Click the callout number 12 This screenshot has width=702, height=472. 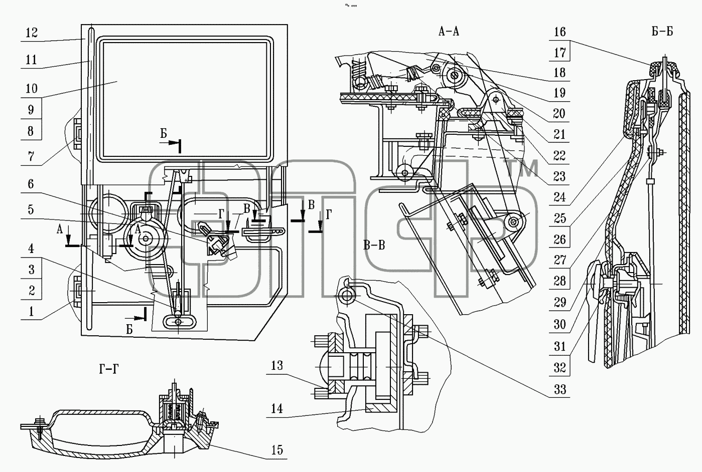pyautogui.click(x=31, y=33)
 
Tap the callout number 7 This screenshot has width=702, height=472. pyautogui.click(x=31, y=156)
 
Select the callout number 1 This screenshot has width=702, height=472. pyautogui.click(x=31, y=312)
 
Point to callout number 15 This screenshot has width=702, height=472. pyautogui.click(x=277, y=450)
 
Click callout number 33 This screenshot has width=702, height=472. pyautogui.click(x=560, y=390)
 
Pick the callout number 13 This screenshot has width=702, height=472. pyautogui.click(x=277, y=366)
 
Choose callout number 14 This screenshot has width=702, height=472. pyautogui.click(x=277, y=408)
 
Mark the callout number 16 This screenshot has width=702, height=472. pyautogui.click(x=559, y=32)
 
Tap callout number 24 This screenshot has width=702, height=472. pyautogui.click(x=559, y=197)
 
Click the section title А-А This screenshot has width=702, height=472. pyautogui.click(x=449, y=32)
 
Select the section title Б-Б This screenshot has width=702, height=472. pyautogui.click(x=662, y=31)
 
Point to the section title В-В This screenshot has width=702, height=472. pyautogui.click(x=374, y=245)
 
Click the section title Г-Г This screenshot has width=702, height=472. pyautogui.click(x=109, y=369)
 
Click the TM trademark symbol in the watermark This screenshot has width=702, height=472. pyautogui.click(x=522, y=168)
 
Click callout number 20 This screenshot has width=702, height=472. pyautogui.click(x=559, y=114)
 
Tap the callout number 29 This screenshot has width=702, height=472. pyautogui.click(x=560, y=302)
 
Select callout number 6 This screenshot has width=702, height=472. pyautogui.click(x=31, y=184)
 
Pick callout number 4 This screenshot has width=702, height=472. pyautogui.click(x=31, y=249)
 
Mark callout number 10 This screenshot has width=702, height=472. pyautogui.click(x=31, y=89)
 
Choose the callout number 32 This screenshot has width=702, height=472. pyautogui.click(x=560, y=367)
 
